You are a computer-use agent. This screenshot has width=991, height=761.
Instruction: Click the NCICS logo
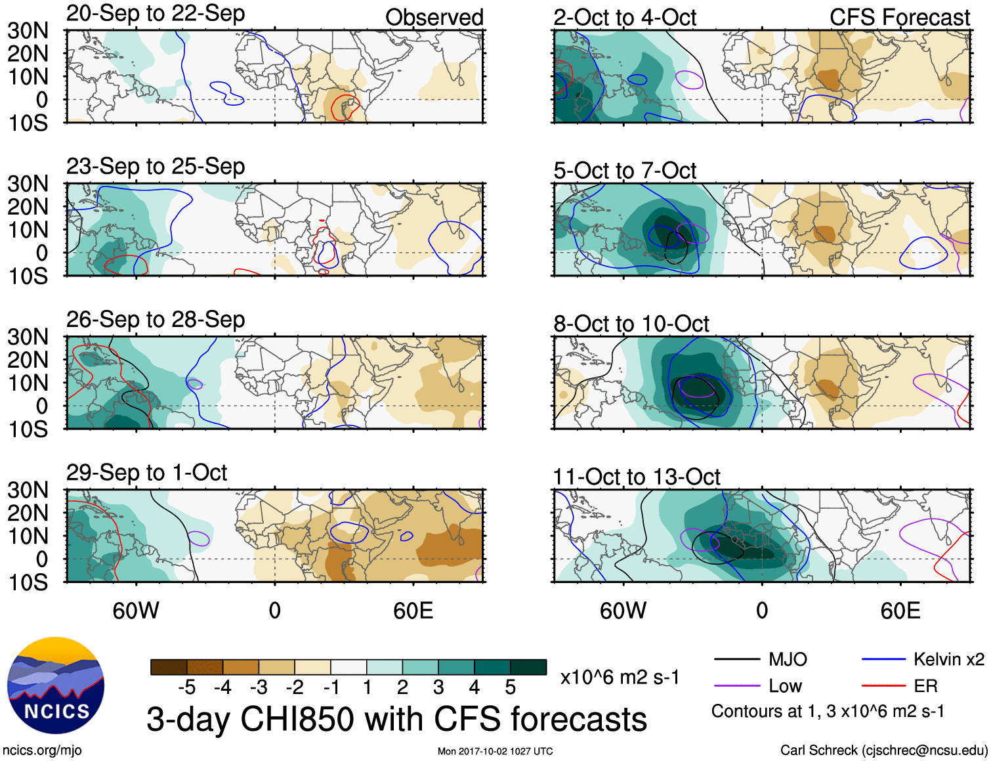(x=56, y=685)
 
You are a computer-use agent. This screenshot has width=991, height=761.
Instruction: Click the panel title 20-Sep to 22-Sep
(x=156, y=14)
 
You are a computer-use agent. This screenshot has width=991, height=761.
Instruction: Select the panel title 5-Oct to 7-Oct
(x=624, y=171)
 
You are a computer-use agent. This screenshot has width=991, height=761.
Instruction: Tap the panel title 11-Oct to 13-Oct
(x=636, y=477)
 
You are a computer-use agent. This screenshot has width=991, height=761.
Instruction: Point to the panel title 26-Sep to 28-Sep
(x=156, y=320)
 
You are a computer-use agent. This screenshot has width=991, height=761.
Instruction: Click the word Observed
(x=434, y=18)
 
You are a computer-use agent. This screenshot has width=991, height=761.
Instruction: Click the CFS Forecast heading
(x=899, y=18)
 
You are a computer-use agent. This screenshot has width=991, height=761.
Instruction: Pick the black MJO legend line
(x=736, y=659)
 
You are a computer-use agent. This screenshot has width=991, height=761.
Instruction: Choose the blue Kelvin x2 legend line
(x=883, y=659)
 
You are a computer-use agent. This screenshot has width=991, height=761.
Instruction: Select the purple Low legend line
(x=736, y=686)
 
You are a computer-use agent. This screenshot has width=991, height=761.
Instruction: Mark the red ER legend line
(x=883, y=686)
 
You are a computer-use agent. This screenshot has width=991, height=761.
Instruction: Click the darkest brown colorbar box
(x=169, y=667)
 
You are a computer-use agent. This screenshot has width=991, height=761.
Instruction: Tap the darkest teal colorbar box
(x=528, y=667)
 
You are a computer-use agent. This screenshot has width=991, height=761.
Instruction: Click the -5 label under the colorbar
(x=186, y=687)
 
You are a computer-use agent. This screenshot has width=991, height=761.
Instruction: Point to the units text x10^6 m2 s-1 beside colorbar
(x=620, y=677)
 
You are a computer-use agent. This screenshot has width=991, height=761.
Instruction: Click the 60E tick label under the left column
(x=413, y=611)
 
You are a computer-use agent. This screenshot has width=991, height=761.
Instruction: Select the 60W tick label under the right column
(x=623, y=611)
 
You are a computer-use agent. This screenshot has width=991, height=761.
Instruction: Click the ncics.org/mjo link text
(x=42, y=750)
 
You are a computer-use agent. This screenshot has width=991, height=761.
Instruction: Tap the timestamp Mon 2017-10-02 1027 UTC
(x=495, y=751)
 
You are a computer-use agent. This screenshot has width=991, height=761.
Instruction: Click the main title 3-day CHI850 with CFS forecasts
(x=396, y=719)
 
